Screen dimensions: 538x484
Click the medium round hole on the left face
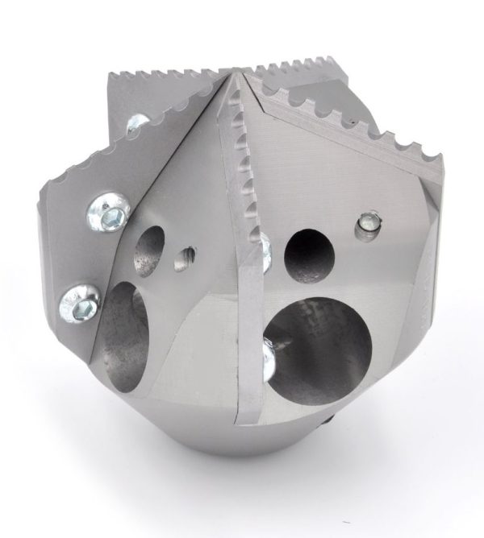148,241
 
